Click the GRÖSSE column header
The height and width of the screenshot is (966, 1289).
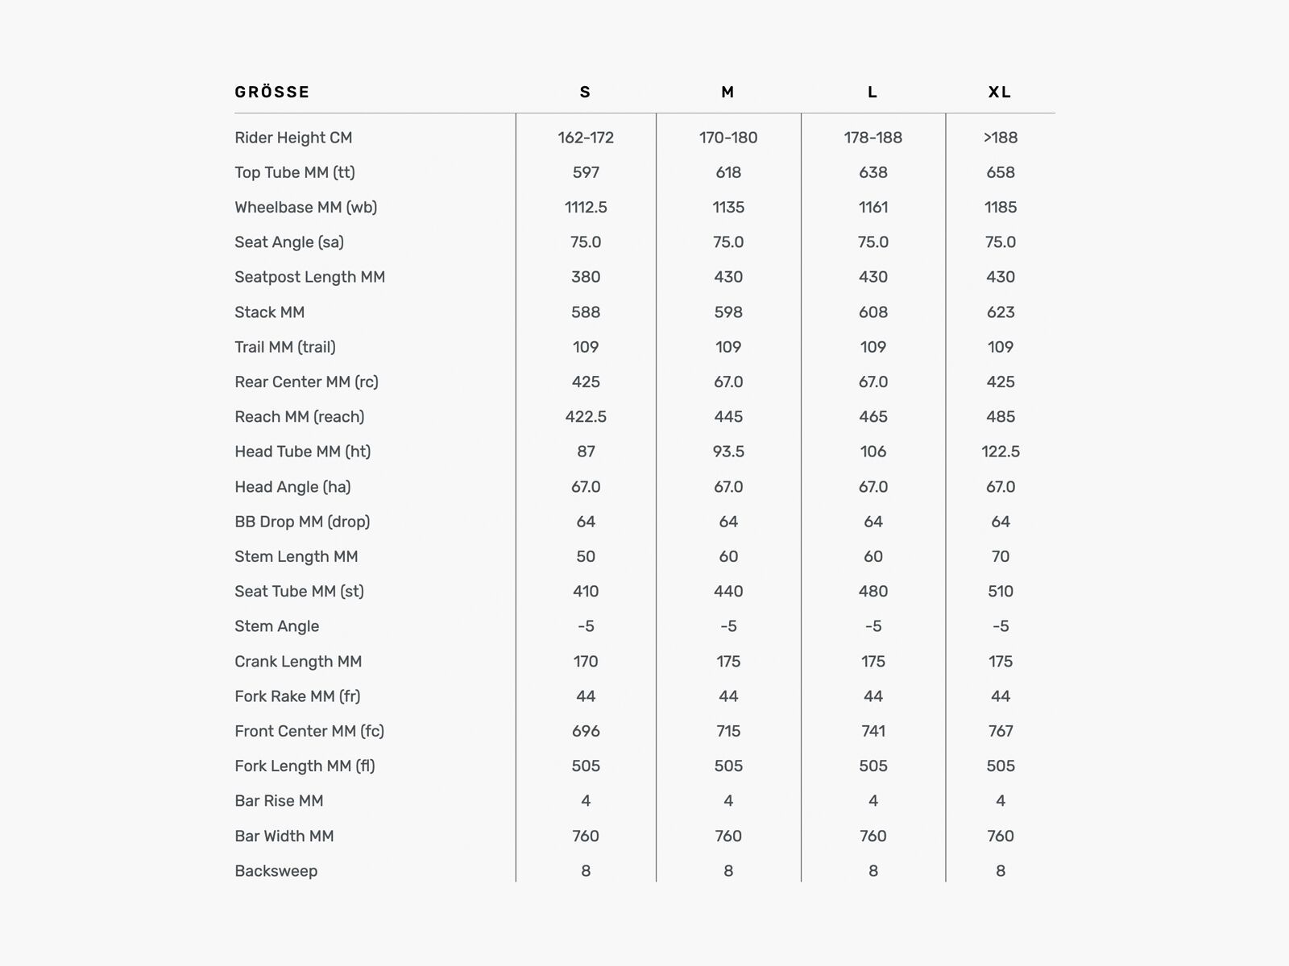[x=272, y=92]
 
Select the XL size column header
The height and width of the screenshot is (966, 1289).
[x=1000, y=92]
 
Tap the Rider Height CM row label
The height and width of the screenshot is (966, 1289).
[x=293, y=138]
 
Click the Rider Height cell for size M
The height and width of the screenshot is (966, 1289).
[x=728, y=138]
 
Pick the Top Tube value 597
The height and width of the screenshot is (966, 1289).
[x=586, y=172]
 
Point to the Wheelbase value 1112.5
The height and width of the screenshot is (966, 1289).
[x=586, y=207]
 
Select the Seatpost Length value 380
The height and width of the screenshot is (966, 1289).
[x=586, y=277]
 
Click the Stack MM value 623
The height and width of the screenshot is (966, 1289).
[x=1000, y=312]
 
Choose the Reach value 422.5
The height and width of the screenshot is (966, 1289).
[x=586, y=417]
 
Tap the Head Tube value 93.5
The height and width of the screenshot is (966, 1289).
[x=728, y=452]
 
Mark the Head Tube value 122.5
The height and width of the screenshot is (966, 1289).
[x=1000, y=452]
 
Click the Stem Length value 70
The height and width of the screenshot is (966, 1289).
[x=1000, y=556]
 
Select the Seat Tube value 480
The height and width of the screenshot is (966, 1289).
[x=872, y=592]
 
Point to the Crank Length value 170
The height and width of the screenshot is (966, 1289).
[x=586, y=662]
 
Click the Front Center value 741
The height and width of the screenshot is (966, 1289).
[x=872, y=731]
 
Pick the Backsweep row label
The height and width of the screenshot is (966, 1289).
[x=276, y=871]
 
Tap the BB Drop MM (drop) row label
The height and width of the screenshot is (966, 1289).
[x=302, y=522]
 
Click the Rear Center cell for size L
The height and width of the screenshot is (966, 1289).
[x=872, y=382]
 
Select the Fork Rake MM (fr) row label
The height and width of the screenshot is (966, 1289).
[x=297, y=696]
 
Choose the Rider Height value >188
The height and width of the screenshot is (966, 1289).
[x=1000, y=138]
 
